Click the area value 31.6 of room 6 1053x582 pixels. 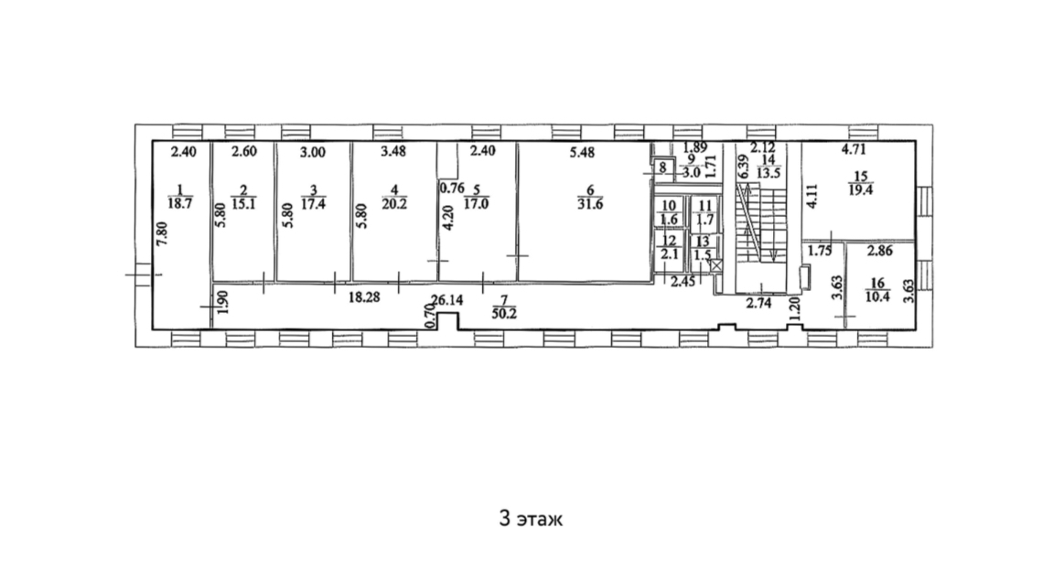[x=590, y=204]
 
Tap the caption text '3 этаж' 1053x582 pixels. [x=531, y=519]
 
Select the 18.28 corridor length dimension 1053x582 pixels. [x=364, y=297]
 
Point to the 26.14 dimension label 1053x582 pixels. [x=447, y=300]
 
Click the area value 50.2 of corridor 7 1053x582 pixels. [x=504, y=313]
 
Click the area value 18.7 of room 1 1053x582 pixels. [x=180, y=203]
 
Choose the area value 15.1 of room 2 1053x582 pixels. [x=243, y=204]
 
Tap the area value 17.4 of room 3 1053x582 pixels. [x=313, y=204]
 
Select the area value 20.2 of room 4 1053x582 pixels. [x=394, y=204]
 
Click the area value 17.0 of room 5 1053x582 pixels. [x=476, y=204]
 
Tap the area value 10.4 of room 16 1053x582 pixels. [x=877, y=296]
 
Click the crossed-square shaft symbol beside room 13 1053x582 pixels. [x=717, y=265]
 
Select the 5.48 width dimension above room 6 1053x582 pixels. [x=582, y=153]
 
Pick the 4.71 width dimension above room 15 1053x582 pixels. [x=854, y=150]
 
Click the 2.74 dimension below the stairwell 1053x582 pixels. [x=759, y=304]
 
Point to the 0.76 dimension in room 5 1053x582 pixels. [x=452, y=189]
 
